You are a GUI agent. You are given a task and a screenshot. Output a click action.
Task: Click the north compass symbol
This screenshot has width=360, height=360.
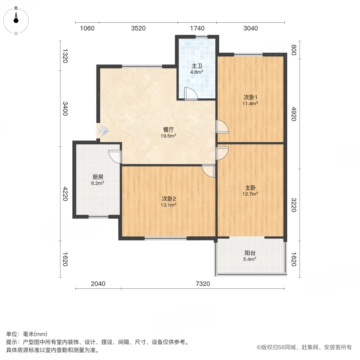[16, 21]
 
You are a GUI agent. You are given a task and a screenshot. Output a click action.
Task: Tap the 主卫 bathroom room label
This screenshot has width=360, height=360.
[197, 66]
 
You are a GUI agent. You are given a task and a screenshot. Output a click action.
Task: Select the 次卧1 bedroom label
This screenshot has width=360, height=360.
[250, 97]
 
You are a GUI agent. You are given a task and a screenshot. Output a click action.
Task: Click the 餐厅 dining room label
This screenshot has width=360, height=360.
[168, 130]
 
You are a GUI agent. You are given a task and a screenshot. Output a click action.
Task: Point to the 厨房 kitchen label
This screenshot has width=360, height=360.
[98, 177]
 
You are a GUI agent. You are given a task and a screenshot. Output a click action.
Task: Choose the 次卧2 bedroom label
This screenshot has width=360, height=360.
[169, 199]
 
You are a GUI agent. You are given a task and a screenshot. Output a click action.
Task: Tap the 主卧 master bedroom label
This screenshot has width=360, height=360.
[250, 188]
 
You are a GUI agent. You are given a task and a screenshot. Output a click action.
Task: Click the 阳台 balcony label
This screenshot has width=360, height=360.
[250, 253]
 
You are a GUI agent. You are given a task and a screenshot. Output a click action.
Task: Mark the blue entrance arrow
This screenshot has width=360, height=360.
[103, 130]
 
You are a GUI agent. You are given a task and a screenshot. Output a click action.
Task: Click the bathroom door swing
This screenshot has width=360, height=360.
[191, 94]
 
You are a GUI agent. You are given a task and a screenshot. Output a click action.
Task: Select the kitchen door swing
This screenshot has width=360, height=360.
[115, 156]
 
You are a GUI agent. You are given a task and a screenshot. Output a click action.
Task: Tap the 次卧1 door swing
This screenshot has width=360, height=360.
[222, 126]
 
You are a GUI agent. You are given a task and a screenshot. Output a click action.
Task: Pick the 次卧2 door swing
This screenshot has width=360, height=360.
[208, 171]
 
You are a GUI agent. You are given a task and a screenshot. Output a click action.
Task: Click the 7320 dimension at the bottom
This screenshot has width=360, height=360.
[203, 284]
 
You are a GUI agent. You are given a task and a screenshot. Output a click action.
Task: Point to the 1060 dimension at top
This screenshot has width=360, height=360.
[87, 28]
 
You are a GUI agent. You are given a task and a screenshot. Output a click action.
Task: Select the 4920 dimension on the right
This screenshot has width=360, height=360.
[294, 114]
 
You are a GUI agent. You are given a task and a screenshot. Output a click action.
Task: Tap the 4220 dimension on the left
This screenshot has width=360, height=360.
[65, 194]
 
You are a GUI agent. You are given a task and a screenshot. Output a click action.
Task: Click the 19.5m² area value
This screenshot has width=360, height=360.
[168, 136]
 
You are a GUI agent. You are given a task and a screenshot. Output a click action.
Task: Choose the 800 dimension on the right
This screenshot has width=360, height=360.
[294, 50]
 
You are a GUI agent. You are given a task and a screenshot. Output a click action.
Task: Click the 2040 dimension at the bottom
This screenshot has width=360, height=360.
[98, 284]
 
